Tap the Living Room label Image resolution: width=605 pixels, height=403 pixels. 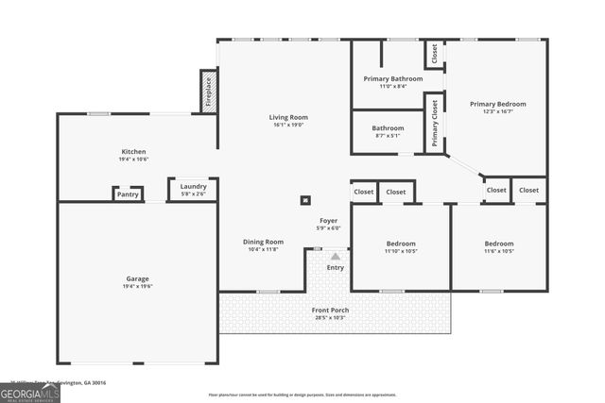[288, 117]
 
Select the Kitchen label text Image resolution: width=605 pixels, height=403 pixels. [133, 151]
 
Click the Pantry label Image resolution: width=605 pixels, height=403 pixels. [129, 194]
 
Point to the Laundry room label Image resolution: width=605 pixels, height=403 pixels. [193, 186]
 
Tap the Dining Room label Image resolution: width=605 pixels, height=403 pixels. [263, 242]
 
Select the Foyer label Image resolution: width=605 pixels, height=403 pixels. [328, 221]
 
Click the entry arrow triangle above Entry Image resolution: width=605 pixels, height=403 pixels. [335, 256]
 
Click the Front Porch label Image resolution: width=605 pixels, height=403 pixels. [332, 310]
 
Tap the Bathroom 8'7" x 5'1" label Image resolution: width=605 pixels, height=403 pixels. [388, 128]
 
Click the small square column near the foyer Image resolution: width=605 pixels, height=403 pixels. [305, 199]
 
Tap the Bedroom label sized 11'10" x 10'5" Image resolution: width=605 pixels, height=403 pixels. [401, 243]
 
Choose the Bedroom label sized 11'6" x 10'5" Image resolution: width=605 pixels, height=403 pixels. [498, 243]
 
